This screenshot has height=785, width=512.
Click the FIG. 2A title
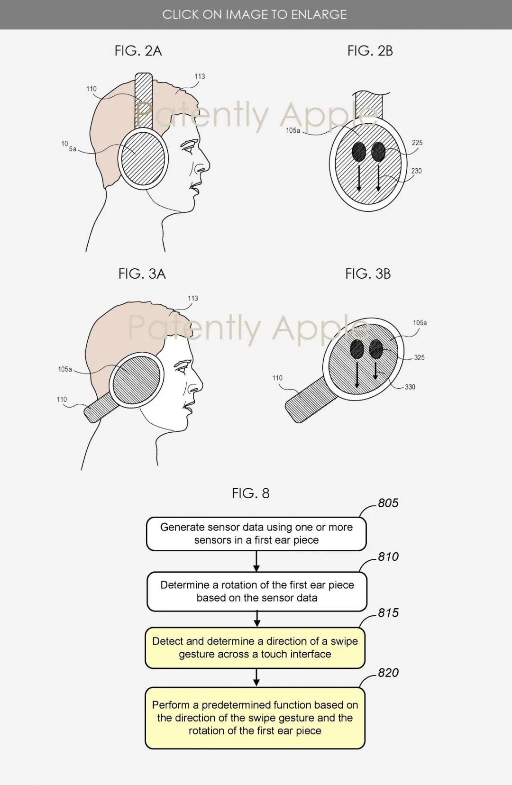[138, 51]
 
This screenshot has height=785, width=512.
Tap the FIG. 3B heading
[368, 274]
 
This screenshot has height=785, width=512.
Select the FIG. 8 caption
[251, 493]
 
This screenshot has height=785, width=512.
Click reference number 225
[417, 143]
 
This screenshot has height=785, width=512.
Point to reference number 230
[416, 171]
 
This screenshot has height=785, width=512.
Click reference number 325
[419, 357]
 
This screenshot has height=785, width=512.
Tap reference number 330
[410, 387]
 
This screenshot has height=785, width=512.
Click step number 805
[388, 503]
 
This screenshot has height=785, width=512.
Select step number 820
[388, 673]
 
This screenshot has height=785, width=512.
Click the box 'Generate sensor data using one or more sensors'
[256, 534]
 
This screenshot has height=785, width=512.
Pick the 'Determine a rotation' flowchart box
[257, 592]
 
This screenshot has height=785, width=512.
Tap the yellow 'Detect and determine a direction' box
[255, 648]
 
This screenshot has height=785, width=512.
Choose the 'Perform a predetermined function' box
[255, 718]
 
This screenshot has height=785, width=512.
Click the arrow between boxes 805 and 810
[256, 561]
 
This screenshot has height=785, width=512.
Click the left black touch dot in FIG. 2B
[358, 152]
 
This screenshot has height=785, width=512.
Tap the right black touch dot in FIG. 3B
[375, 349]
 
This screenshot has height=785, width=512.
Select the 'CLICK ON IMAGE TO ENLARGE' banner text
[255, 14]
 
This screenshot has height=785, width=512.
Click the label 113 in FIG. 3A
[193, 298]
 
